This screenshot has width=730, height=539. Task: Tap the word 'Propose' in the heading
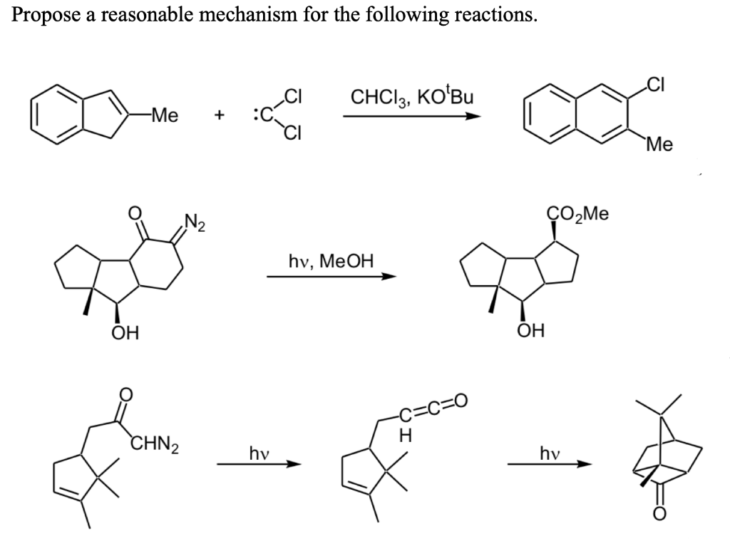point(44,16)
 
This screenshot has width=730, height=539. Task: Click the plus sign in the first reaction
point(221,114)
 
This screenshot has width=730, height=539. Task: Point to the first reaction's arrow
point(409,115)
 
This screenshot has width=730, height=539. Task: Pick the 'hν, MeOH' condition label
point(331,260)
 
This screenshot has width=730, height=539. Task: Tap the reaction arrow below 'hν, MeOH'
point(331,277)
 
